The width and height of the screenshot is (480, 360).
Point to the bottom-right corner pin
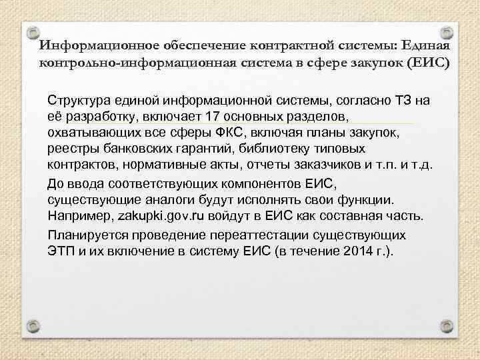(x=448, y=325)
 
